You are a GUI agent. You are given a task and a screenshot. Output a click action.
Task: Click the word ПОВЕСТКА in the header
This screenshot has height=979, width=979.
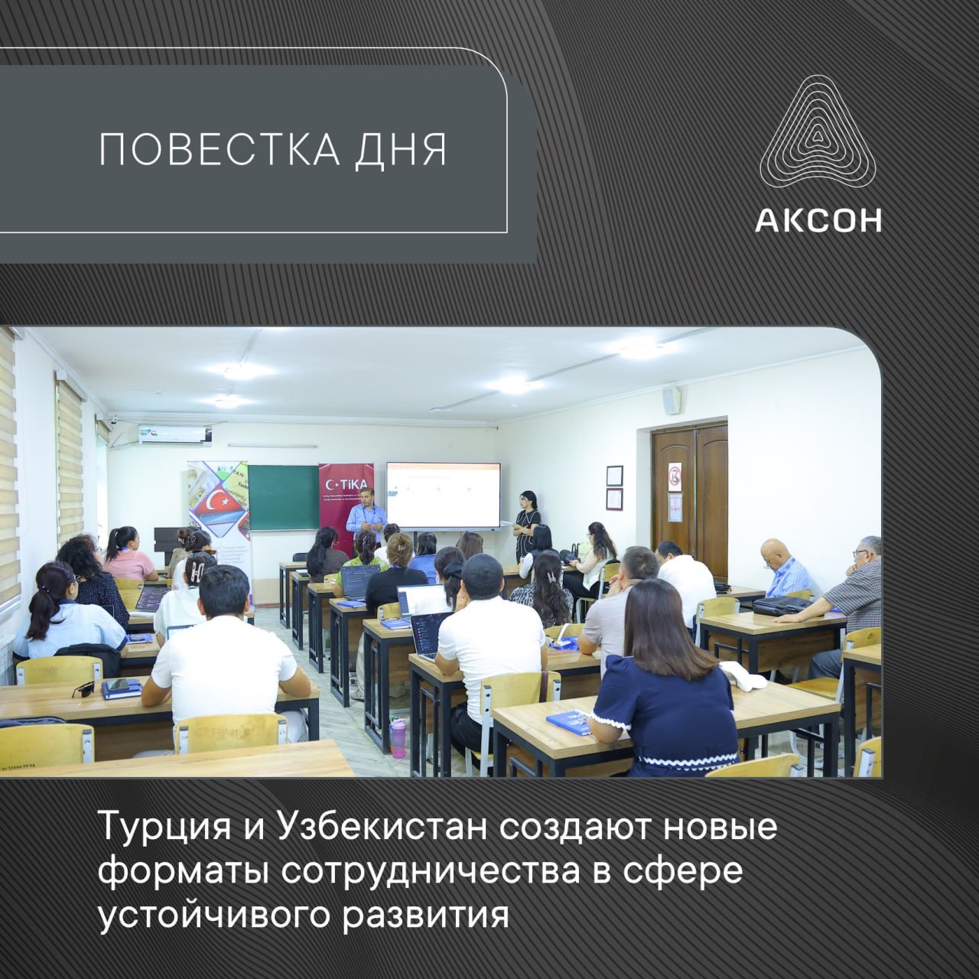[x=219, y=150]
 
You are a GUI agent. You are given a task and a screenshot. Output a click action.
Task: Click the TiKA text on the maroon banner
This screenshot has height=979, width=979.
[x=349, y=483]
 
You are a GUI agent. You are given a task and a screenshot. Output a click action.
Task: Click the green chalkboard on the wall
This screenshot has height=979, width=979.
[x=283, y=498]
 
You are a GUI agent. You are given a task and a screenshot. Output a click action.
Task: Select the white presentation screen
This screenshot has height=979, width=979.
[x=443, y=494]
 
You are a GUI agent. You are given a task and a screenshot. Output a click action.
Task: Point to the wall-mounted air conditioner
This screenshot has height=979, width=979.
[x=175, y=435]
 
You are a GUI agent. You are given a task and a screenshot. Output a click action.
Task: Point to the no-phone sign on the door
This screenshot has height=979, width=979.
[x=675, y=476]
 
